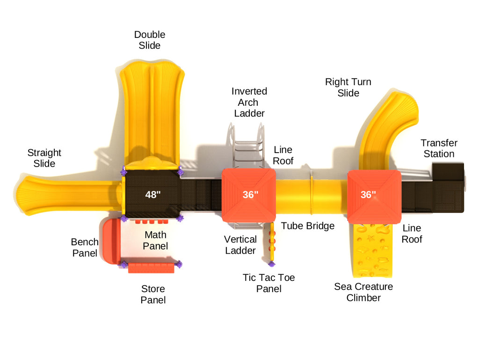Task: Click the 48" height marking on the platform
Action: (152, 195)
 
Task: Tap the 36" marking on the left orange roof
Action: (250, 195)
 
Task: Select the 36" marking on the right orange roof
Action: (368, 195)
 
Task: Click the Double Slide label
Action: (150, 40)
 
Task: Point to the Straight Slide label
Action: (44, 158)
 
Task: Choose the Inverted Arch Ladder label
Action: (249, 102)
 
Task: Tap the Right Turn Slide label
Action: (348, 87)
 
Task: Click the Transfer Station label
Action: (439, 148)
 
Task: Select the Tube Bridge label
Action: (307, 226)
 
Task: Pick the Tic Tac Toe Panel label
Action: (269, 283)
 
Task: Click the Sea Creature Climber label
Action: (363, 292)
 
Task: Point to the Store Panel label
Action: (153, 294)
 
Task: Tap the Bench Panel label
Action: (85, 248)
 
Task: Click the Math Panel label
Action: (155, 240)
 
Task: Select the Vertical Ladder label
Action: (240, 245)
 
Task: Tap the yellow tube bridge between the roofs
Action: (311, 197)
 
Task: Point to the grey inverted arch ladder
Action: (246, 145)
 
